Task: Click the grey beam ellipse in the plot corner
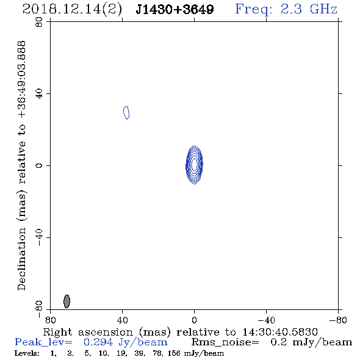point(67,301)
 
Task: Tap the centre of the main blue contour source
point(194,165)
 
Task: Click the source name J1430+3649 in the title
point(175,9)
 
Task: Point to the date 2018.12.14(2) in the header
point(72,10)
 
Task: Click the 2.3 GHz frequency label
point(309,9)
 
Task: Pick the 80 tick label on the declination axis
point(39,22)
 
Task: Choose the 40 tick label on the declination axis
point(39,94)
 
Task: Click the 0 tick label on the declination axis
point(39,165)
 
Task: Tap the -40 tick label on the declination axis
point(39,237)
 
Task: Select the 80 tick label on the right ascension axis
point(50,320)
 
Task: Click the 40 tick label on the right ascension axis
point(122,320)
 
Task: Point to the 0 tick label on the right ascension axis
point(194,320)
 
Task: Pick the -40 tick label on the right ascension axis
point(266,320)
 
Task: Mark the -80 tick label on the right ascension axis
point(338,320)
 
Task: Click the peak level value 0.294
point(98,342)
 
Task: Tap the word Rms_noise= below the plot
point(225,342)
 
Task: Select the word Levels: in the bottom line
point(27,353)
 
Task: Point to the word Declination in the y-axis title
point(21,259)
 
